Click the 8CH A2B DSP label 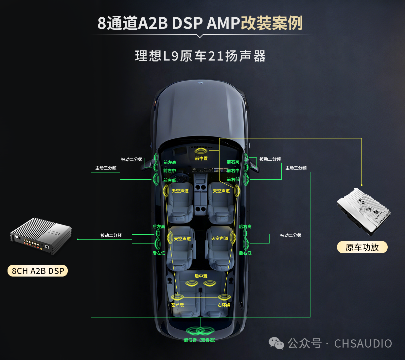(38, 271)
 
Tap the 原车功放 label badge (362, 247)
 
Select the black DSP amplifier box (41, 236)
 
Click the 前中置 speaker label (201, 158)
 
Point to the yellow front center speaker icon (201, 151)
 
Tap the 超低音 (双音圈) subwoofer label (200, 340)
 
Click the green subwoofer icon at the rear (200, 331)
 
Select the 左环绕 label (177, 305)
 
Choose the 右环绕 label (224, 305)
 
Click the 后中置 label (201, 276)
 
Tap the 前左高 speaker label (170, 162)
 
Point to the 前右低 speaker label (233, 179)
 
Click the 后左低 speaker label (159, 253)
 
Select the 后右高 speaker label (245, 226)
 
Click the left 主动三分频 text (106, 168)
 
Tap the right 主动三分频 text (296, 168)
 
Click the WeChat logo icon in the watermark (276, 343)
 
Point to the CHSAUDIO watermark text (363, 344)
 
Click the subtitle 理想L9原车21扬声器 (200, 56)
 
